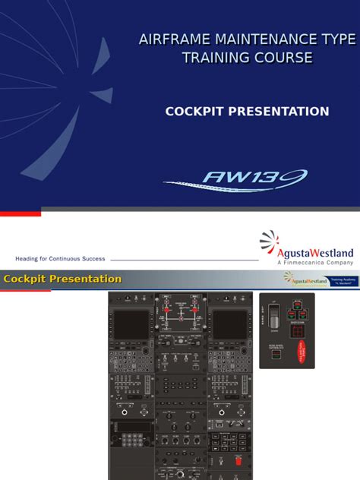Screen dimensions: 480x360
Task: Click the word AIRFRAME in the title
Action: click(171, 39)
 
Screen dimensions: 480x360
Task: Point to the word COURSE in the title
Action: click(283, 58)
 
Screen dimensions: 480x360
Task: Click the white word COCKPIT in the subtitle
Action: click(196, 112)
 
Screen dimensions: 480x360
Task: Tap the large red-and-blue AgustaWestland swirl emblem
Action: click(270, 242)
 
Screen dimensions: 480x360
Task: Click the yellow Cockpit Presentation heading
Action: click(62, 279)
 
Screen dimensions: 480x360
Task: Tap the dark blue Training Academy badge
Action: click(343, 279)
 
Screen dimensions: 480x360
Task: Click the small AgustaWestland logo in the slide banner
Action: click(305, 279)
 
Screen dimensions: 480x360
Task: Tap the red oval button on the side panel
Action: click(300, 352)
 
